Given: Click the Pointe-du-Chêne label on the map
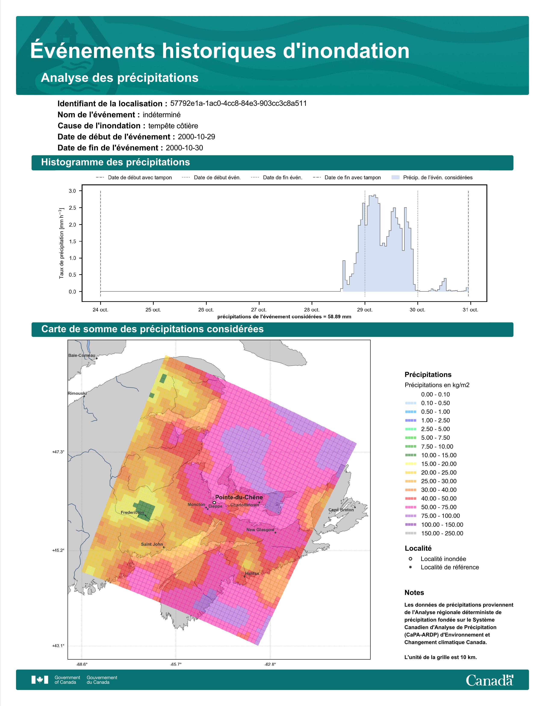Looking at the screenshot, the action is (239, 497).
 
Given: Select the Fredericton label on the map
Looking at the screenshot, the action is (132, 512).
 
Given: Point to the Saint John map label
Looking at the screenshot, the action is (152, 544).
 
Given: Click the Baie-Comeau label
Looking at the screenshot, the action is (82, 355).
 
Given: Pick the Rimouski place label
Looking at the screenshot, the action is (77, 393).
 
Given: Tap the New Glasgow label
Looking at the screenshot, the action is (260, 529).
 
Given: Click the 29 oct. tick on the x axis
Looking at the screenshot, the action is (365, 310).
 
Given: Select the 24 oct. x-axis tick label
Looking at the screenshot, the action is (100, 310).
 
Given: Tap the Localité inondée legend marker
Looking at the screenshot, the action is (410, 559).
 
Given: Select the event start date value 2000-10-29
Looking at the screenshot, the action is (196, 137).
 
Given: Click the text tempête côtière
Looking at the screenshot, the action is (173, 126).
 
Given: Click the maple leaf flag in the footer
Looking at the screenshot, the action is (40, 680).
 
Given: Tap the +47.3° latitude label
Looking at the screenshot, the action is (58, 452).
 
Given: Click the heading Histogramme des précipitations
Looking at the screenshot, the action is (116, 162).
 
